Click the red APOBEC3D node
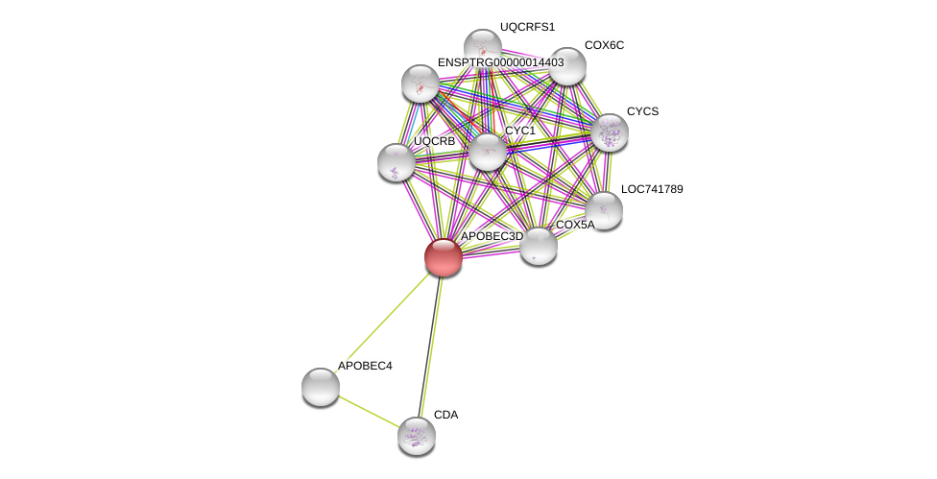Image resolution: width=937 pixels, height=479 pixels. (443, 257)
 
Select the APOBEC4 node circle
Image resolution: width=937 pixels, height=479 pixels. (321, 387)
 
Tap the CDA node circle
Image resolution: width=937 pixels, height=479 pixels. (417, 436)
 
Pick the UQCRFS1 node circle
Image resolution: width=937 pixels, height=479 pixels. (483, 48)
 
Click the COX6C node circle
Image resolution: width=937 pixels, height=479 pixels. (567, 66)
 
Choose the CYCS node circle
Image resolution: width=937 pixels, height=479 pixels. (609, 132)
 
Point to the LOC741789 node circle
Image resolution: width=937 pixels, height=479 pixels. (604, 210)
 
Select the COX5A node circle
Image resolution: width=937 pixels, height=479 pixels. (539, 246)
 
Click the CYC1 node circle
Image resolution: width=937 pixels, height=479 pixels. (488, 152)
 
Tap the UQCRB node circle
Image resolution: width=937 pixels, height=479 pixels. (396, 162)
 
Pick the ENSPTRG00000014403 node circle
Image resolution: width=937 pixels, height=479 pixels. (420, 84)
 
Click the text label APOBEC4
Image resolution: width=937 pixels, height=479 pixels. (365, 366)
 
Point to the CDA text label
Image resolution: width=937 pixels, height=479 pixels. (445, 415)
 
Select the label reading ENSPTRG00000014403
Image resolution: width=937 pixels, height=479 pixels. (500, 62)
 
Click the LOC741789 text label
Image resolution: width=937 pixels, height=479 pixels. (652, 189)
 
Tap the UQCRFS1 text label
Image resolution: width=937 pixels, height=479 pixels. (527, 27)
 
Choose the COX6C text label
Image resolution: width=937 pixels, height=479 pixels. (604, 45)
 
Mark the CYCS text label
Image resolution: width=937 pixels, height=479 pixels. (642, 111)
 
